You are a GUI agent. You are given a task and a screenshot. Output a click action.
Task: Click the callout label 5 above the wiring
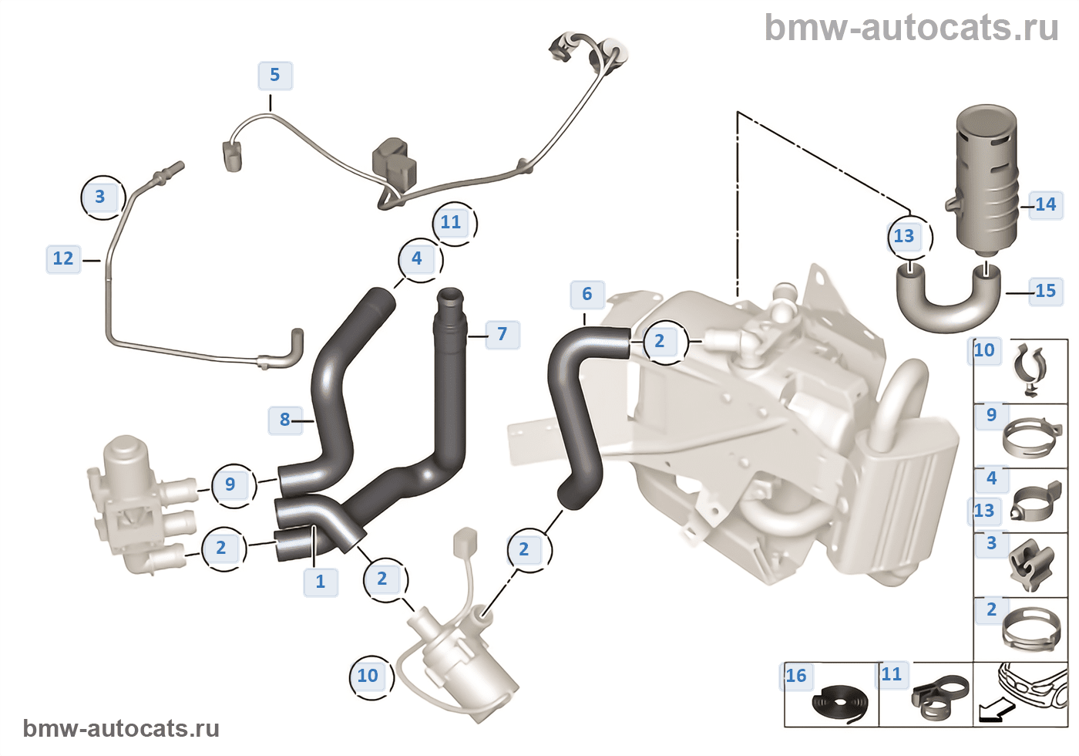[274, 76]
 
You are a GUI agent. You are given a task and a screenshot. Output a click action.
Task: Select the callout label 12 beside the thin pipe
[63, 258]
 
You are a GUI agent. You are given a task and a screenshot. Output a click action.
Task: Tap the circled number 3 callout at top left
[100, 197]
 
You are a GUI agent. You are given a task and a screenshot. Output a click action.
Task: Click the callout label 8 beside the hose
[284, 420]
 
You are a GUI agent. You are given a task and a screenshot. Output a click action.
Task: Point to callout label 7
[502, 334]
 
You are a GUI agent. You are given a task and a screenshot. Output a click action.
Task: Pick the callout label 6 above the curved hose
[587, 294]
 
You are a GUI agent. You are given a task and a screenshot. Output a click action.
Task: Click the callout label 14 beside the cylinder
[1045, 204]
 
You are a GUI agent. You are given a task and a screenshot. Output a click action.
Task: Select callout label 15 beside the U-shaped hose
[1045, 291]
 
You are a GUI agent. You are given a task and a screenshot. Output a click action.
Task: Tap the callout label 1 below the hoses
[321, 581]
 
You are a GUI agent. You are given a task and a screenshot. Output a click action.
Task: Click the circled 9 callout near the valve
[230, 484]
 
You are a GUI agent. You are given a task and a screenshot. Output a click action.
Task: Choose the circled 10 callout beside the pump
[368, 676]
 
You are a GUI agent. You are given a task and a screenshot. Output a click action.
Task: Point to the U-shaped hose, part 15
[948, 305]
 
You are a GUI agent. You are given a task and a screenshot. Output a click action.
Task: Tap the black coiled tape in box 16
[839, 704]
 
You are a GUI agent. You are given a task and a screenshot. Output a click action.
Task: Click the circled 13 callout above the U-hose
[904, 236]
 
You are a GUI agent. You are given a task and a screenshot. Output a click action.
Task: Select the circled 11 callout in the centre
[451, 223]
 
